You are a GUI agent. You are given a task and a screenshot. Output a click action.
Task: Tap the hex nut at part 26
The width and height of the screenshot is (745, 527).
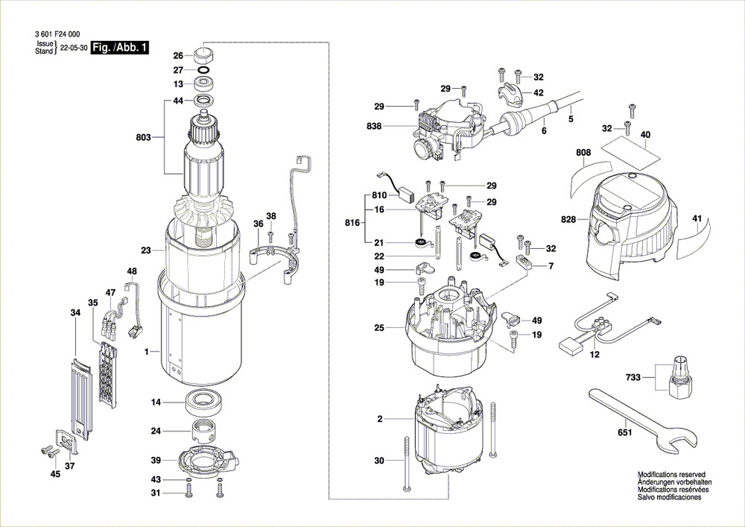click(x=203, y=54)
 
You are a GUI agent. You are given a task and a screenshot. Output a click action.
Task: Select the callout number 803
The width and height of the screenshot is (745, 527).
click(x=143, y=138)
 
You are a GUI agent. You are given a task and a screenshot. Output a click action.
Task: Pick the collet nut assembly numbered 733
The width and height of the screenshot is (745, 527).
click(x=679, y=377)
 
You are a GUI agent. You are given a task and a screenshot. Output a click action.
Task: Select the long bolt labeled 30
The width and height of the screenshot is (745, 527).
click(x=407, y=462)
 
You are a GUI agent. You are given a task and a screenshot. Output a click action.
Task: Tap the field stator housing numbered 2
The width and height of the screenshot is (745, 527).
click(x=448, y=429)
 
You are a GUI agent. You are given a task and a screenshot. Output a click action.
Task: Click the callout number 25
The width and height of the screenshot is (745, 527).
click(x=378, y=328)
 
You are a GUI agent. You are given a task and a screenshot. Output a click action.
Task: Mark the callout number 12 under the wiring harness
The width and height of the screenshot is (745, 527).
click(x=594, y=355)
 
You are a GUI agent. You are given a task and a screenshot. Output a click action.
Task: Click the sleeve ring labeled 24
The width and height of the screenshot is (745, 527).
click(x=202, y=431)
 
